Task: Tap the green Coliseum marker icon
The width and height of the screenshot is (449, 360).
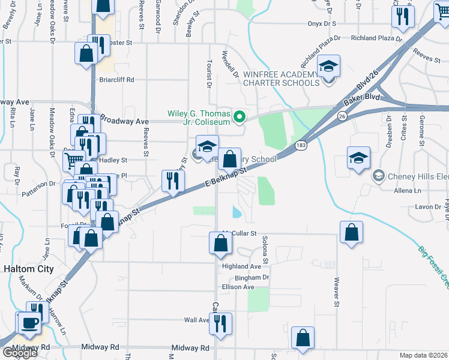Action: coord(239,116)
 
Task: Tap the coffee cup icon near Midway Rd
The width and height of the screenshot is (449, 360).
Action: coord(29,323)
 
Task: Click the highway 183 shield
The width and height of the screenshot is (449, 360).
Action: coord(301,146)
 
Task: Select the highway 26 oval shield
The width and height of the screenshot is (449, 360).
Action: coord(342,115)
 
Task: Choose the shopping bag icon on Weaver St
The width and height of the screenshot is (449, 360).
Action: coord(351,232)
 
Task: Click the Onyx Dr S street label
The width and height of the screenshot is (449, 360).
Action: coord(321,23)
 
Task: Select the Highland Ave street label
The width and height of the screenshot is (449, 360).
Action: coord(241,266)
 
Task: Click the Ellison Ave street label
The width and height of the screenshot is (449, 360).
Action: coord(238,287)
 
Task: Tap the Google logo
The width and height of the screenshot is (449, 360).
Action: coord(20,353)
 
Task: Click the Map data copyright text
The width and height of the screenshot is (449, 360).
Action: coord(424,355)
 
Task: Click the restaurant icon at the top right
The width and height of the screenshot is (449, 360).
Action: coord(403,16)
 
